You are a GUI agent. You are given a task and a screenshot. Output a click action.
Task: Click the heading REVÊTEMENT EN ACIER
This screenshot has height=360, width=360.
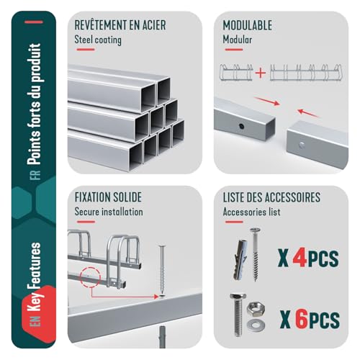120,24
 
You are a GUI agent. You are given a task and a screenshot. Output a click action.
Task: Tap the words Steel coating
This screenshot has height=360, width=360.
98,40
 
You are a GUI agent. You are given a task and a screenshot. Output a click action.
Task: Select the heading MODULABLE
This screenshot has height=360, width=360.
248,24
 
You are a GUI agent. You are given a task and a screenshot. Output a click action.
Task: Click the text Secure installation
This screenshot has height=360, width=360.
109,212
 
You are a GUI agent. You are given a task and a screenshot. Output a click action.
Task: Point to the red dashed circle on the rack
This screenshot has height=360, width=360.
88,276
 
